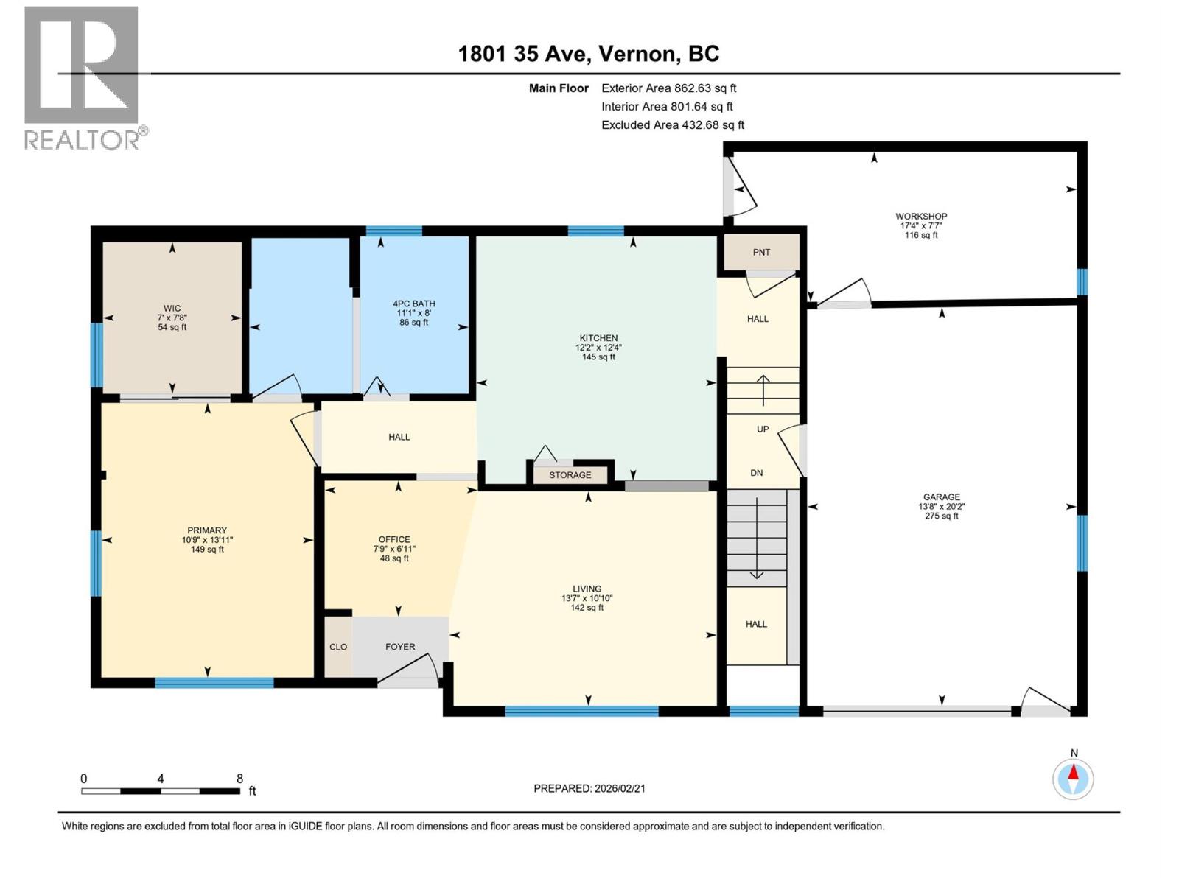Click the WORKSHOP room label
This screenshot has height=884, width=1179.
pos(921,217)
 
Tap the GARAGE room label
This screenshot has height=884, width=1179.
pos(942,497)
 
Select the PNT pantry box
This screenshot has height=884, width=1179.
pos(761,253)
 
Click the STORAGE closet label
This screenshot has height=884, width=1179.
pos(570,475)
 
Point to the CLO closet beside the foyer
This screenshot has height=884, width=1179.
pos(338,647)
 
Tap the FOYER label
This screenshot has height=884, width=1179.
pos(400,647)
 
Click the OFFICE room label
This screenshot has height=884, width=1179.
pos(394,539)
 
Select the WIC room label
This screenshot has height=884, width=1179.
pos(172,309)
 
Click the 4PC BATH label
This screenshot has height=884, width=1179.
pos(413,304)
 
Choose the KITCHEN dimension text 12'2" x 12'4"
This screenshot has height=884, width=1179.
pos(598,348)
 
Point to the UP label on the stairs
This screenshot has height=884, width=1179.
pos(763,429)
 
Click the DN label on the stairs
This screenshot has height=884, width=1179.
pos(757,473)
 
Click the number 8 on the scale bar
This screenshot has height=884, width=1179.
pos(239,779)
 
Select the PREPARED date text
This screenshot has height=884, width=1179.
pos(589,788)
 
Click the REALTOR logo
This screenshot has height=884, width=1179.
pos(82,77)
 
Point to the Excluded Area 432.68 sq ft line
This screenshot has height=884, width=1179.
pos(673,125)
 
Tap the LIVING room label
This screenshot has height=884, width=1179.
pos(587,589)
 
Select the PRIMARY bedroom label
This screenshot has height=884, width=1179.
pos(207,530)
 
